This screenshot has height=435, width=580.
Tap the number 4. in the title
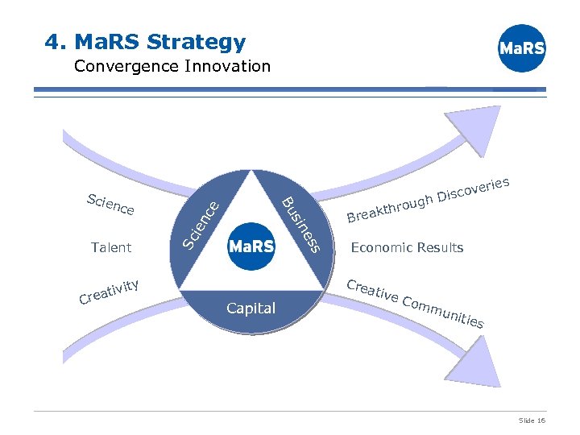point(56,41)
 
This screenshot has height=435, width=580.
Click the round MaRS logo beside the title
point(522,48)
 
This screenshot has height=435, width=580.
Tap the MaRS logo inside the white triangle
point(252,246)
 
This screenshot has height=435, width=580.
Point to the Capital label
point(251,308)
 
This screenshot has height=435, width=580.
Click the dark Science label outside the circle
point(110,205)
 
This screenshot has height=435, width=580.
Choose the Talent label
point(111,247)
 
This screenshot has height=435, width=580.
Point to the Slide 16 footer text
point(532,420)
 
